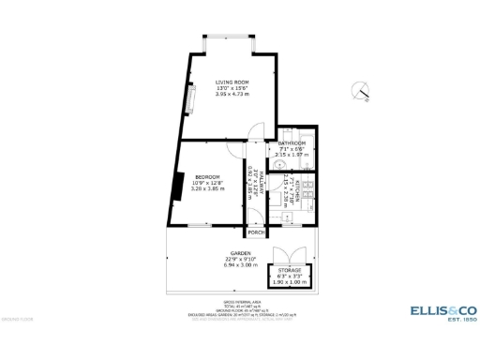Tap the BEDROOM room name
tap(208, 177)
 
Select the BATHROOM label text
tap(292, 142)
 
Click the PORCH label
tap(255, 232)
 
